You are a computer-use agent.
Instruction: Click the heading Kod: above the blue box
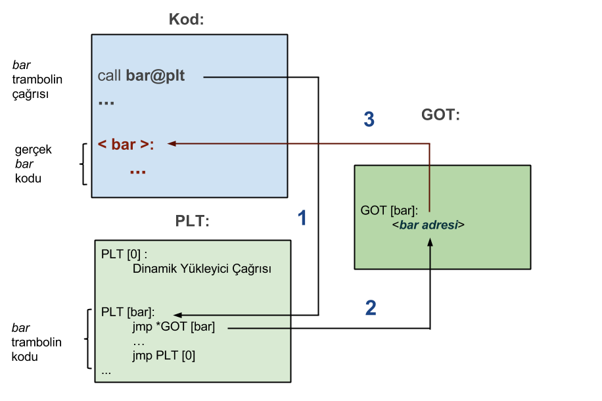point(186,20)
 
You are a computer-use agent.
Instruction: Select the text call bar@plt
point(141,76)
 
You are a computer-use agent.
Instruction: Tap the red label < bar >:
point(126,144)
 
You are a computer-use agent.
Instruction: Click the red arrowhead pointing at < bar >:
point(172,143)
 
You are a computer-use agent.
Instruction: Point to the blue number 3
point(369,120)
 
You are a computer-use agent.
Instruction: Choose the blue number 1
point(302,218)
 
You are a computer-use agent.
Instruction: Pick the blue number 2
point(371,308)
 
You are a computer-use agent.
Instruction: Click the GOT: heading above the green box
point(440,114)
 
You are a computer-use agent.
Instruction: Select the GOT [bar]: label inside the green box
point(389,211)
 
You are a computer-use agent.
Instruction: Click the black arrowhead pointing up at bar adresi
point(430,243)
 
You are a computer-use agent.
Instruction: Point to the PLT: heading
point(192,222)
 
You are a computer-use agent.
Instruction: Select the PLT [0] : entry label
point(124,254)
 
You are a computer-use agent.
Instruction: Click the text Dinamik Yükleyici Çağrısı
point(202,269)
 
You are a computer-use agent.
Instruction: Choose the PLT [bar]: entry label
point(127,312)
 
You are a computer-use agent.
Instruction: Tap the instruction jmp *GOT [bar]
point(174,327)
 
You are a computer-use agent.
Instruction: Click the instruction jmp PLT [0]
point(164,356)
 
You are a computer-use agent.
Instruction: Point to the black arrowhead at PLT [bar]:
point(177,316)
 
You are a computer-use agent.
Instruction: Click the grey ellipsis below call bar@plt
point(106,103)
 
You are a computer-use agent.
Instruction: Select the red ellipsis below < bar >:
point(137,171)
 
